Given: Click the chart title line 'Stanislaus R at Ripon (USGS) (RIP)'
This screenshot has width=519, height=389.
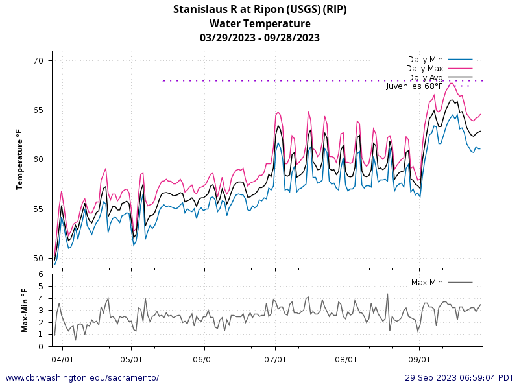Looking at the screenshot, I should point(259,9).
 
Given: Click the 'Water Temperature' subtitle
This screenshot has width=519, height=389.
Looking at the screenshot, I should point(259,23).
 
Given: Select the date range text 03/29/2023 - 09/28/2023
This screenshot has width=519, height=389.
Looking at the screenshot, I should point(259,38).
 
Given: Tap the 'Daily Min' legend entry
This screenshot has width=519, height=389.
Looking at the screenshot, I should point(425,60).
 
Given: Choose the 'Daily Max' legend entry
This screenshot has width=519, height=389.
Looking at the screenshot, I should point(424,69).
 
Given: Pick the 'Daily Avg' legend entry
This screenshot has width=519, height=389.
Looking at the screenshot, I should point(425,78).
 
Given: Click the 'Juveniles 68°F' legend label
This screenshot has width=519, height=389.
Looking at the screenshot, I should point(415,86).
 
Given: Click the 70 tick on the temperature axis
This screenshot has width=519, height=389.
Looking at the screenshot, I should point(38,61).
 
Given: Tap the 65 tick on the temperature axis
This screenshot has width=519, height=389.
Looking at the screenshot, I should point(38,110).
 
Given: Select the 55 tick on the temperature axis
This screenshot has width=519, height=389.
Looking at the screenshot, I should point(38,209).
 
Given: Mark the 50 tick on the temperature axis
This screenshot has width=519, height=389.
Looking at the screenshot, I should point(38,258).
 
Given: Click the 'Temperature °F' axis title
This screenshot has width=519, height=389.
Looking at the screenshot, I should point(19,159).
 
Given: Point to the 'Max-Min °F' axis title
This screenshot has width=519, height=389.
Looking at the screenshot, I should point(25,310).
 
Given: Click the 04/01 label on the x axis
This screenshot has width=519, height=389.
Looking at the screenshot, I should point(62,358).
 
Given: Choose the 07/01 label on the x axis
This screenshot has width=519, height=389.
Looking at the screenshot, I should point(276,358).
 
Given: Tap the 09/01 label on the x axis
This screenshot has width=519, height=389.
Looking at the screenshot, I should point(419,358).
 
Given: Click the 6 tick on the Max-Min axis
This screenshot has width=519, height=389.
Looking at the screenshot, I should point(42,274).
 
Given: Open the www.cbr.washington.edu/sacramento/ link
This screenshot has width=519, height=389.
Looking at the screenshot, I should point(82,377).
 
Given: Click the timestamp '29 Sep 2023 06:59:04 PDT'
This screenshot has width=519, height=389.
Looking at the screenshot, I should point(459,377).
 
